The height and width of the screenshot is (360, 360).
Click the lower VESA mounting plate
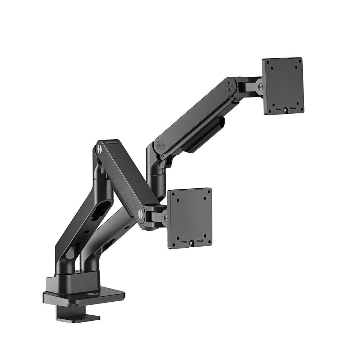click(x=190, y=218)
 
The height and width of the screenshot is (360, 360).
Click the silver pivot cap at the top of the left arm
click(x=99, y=148)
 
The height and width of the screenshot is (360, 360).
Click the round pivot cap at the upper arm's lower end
click(x=160, y=145)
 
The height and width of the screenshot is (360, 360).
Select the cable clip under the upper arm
click(x=203, y=135)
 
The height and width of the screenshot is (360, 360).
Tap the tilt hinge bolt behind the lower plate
click(x=165, y=218)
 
